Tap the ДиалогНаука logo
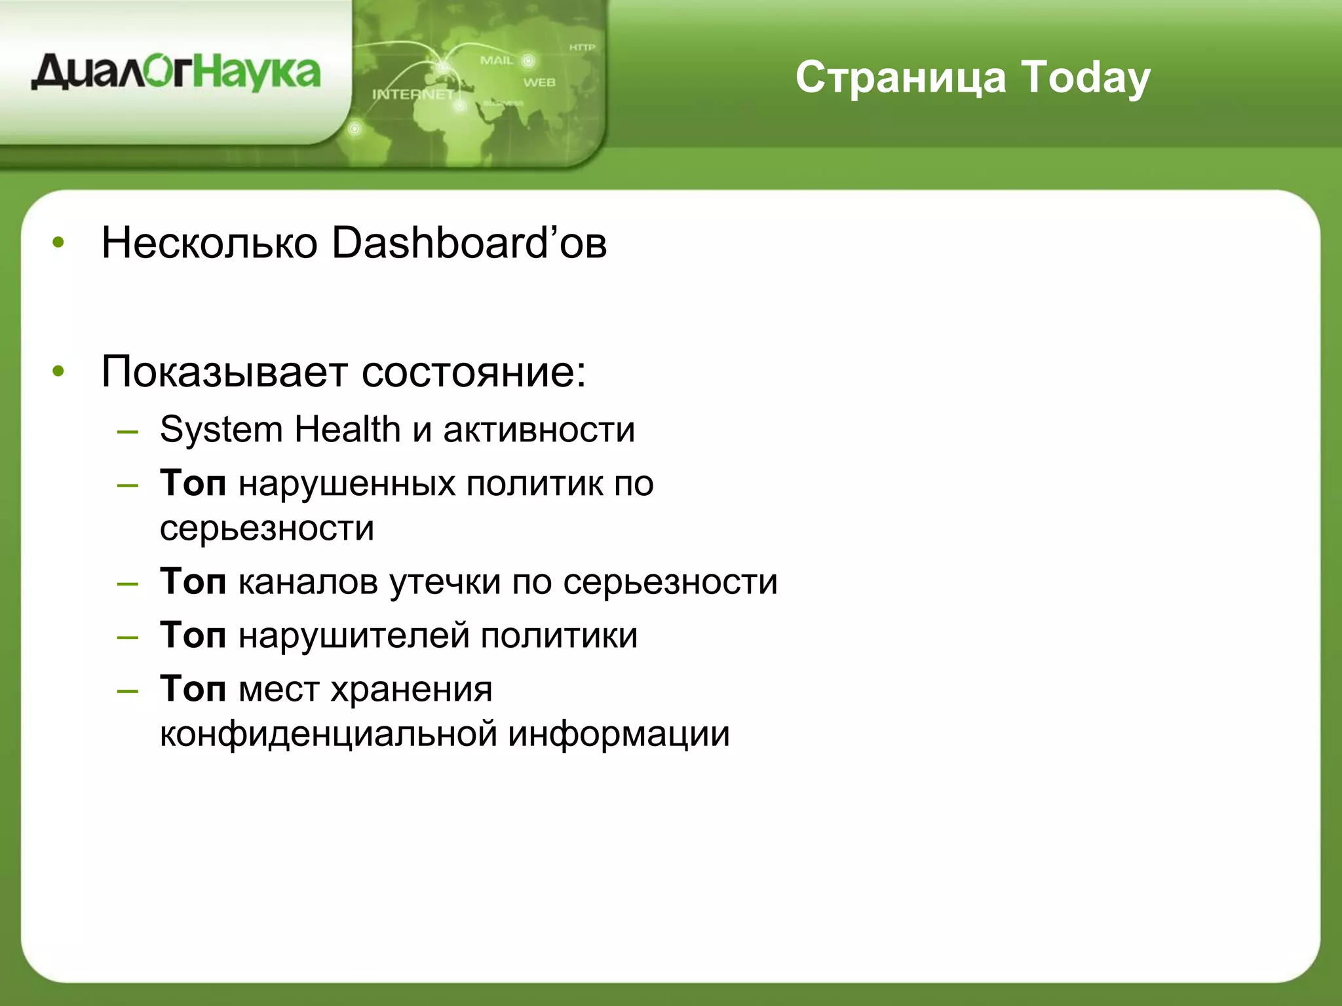176,73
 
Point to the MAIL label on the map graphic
497,60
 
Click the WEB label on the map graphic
539,83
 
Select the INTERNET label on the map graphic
413,94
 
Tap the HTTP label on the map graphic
582,47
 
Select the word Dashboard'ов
469,244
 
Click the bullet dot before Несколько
58,243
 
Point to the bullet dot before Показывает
58,371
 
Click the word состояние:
474,372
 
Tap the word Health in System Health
347,430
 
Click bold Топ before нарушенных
193,484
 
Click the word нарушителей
354,636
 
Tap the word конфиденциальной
328,734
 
